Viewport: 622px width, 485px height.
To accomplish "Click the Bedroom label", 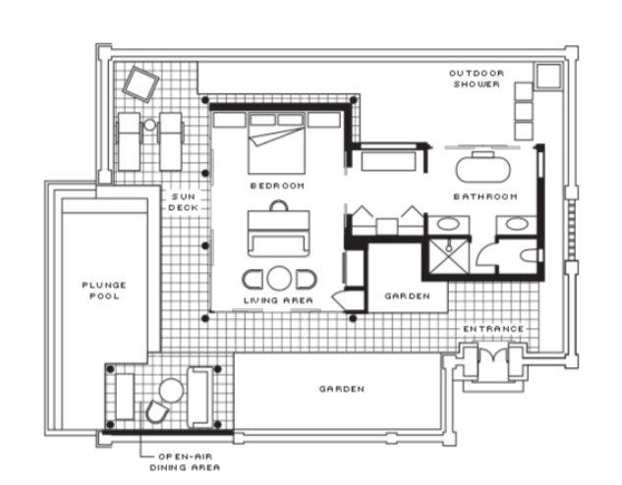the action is (277, 186).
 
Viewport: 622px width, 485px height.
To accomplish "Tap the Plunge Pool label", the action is (104, 291).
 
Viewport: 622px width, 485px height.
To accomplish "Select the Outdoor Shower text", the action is (477, 79).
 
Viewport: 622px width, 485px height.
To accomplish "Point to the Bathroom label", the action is (485, 196).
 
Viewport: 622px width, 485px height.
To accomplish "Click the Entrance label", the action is (493, 329).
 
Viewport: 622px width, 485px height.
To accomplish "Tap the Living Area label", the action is (278, 300).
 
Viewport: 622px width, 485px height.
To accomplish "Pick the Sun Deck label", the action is (184, 202).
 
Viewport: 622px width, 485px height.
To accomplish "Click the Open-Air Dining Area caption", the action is (185, 462).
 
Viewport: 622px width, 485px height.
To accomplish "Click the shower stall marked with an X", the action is (449, 255).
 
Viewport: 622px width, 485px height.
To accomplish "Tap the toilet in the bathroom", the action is (531, 255).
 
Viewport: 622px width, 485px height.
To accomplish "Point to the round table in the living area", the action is (279, 278).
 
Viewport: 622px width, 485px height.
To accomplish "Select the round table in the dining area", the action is (171, 391).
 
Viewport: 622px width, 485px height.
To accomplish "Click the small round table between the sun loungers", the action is (149, 125).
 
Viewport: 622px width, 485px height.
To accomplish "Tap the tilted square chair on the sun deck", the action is (141, 84).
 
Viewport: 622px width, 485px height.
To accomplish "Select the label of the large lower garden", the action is (342, 389).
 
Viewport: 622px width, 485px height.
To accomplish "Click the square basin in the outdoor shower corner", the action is (548, 76).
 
